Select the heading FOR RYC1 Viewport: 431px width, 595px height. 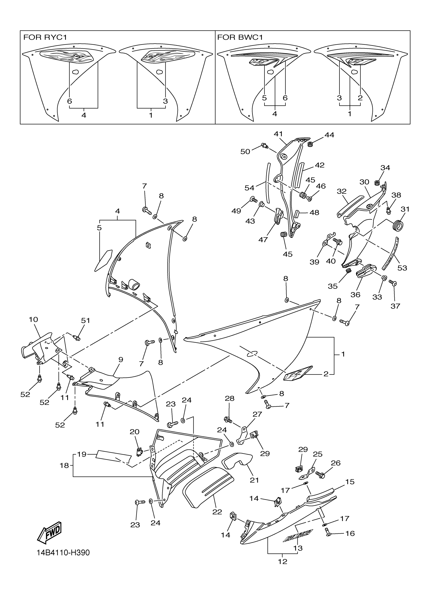pyautogui.click(x=45, y=38)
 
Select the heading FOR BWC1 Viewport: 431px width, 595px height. pyautogui.click(x=240, y=38)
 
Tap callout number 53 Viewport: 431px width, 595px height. pyautogui.click(x=402, y=268)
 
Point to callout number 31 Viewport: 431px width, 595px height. pyautogui.click(x=405, y=209)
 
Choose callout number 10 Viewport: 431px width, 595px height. pyautogui.click(x=33, y=319)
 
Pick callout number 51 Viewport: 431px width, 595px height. pyautogui.click(x=85, y=320)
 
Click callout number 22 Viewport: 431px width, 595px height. pyautogui.click(x=217, y=512)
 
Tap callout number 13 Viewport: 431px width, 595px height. pyautogui.click(x=298, y=548)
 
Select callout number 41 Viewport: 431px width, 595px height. pyautogui.click(x=278, y=134)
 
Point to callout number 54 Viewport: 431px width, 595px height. pyautogui.click(x=249, y=188)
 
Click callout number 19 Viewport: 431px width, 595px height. pyautogui.click(x=82, y=454)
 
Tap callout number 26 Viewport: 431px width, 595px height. pyautogui.click(x=336, y=463)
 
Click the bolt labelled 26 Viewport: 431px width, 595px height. pyautogui.click(x=320, y=475)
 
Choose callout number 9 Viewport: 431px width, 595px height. pyautogui.click(x=121, y=360)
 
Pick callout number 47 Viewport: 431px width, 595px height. pyautogui.click(x=263, y=240)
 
